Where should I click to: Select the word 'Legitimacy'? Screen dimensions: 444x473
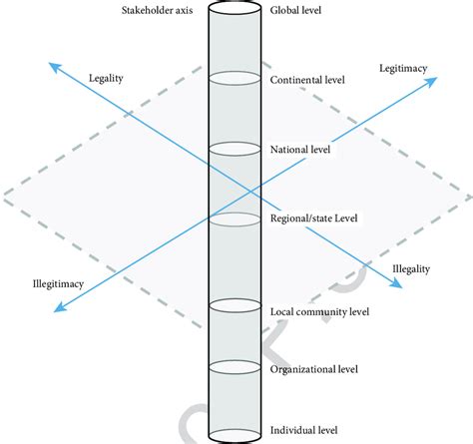[403, 67]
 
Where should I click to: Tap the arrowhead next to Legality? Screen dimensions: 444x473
[52, 66]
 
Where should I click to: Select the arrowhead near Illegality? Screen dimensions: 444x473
[396, 283]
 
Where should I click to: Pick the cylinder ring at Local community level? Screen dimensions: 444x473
[236, 305]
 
